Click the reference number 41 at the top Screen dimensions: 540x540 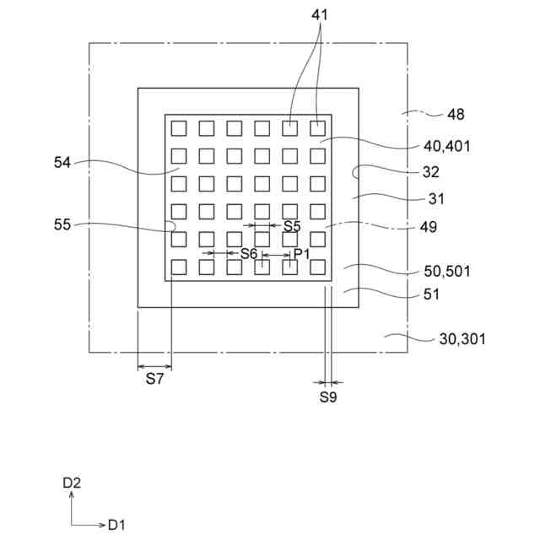pos(321,14)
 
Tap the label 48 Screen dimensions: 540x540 pos(456,114)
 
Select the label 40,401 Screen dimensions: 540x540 pos(446,146)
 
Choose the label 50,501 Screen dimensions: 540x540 pos(446,271)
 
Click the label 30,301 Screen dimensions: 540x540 pos(462,339)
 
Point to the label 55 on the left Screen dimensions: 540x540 pos(62,225)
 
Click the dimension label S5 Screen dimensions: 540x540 pos(292,226)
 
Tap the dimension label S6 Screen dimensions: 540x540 pos(248,253)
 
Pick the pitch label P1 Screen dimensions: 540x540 pos(302,253)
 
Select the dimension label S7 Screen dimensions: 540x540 pos(154,379)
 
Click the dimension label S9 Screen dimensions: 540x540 pos(328,397)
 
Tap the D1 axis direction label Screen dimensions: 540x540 pos(116,525)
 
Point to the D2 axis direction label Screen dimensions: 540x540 pos(72,483)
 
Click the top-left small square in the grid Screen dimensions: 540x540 pos(178,128)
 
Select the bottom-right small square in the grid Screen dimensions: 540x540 pos(317,267)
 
